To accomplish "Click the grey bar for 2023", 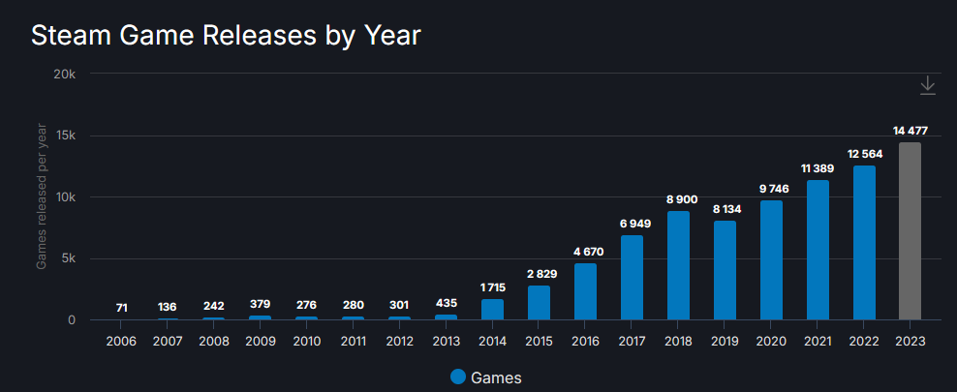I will (x=910, y=231).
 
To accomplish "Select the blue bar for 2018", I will (x=678, y=265).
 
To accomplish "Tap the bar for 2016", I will (x=585, y=291).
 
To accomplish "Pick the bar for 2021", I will (x=818, y=250).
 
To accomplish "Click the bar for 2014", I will (x=492, y=310).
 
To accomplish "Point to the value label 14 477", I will (x=910, y=131).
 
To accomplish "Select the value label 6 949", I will (x=632, y=224).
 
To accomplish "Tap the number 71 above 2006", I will (x=121, y=307).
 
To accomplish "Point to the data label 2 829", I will (x=539, y=274).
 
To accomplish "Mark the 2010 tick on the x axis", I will (x=306, y=342).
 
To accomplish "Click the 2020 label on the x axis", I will (x=771, y=342).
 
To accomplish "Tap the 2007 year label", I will (x=168, y=342).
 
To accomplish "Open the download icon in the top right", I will (x=927, y=85).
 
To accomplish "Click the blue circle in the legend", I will (x=458, y=377).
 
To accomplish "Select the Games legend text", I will (x=496, y=377).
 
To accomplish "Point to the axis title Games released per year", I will (x=42, y=197).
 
